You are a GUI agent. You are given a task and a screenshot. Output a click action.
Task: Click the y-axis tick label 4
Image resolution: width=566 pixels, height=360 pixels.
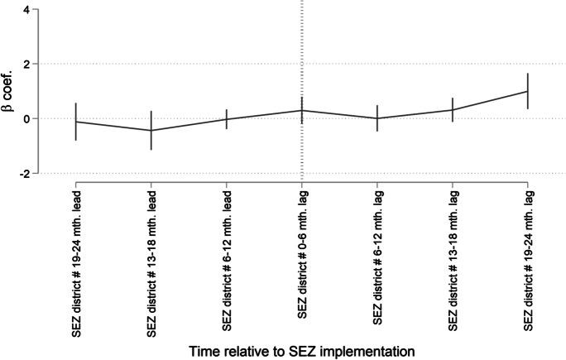(x=26, y=9)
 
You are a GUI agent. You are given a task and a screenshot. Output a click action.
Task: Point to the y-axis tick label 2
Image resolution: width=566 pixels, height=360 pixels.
(x=26, y=64)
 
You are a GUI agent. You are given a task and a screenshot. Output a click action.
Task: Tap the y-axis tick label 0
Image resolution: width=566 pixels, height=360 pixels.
(x=26, y=118)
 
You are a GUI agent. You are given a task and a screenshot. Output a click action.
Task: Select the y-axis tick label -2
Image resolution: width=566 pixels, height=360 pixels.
(x=24, y=173)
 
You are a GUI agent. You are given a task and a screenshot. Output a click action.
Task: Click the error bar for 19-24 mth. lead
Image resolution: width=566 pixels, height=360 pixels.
(x=76, y=122)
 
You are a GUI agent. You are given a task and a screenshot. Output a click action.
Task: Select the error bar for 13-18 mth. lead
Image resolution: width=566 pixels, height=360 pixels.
(x=151, y=130)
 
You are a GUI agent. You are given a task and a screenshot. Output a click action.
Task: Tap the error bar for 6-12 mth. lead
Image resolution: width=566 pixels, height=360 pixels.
(x=227, y=119)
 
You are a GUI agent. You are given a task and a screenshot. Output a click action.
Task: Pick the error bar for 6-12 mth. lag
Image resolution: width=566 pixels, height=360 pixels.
(x=377, y=118)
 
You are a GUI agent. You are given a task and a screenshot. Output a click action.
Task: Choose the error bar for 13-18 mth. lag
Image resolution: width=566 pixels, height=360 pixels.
(x=453, y=109)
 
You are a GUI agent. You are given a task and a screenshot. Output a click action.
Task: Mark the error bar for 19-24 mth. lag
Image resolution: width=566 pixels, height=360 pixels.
(x=528, y=91)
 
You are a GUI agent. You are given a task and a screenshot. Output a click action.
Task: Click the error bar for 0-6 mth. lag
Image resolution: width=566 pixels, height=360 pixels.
(x=302, y=110)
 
